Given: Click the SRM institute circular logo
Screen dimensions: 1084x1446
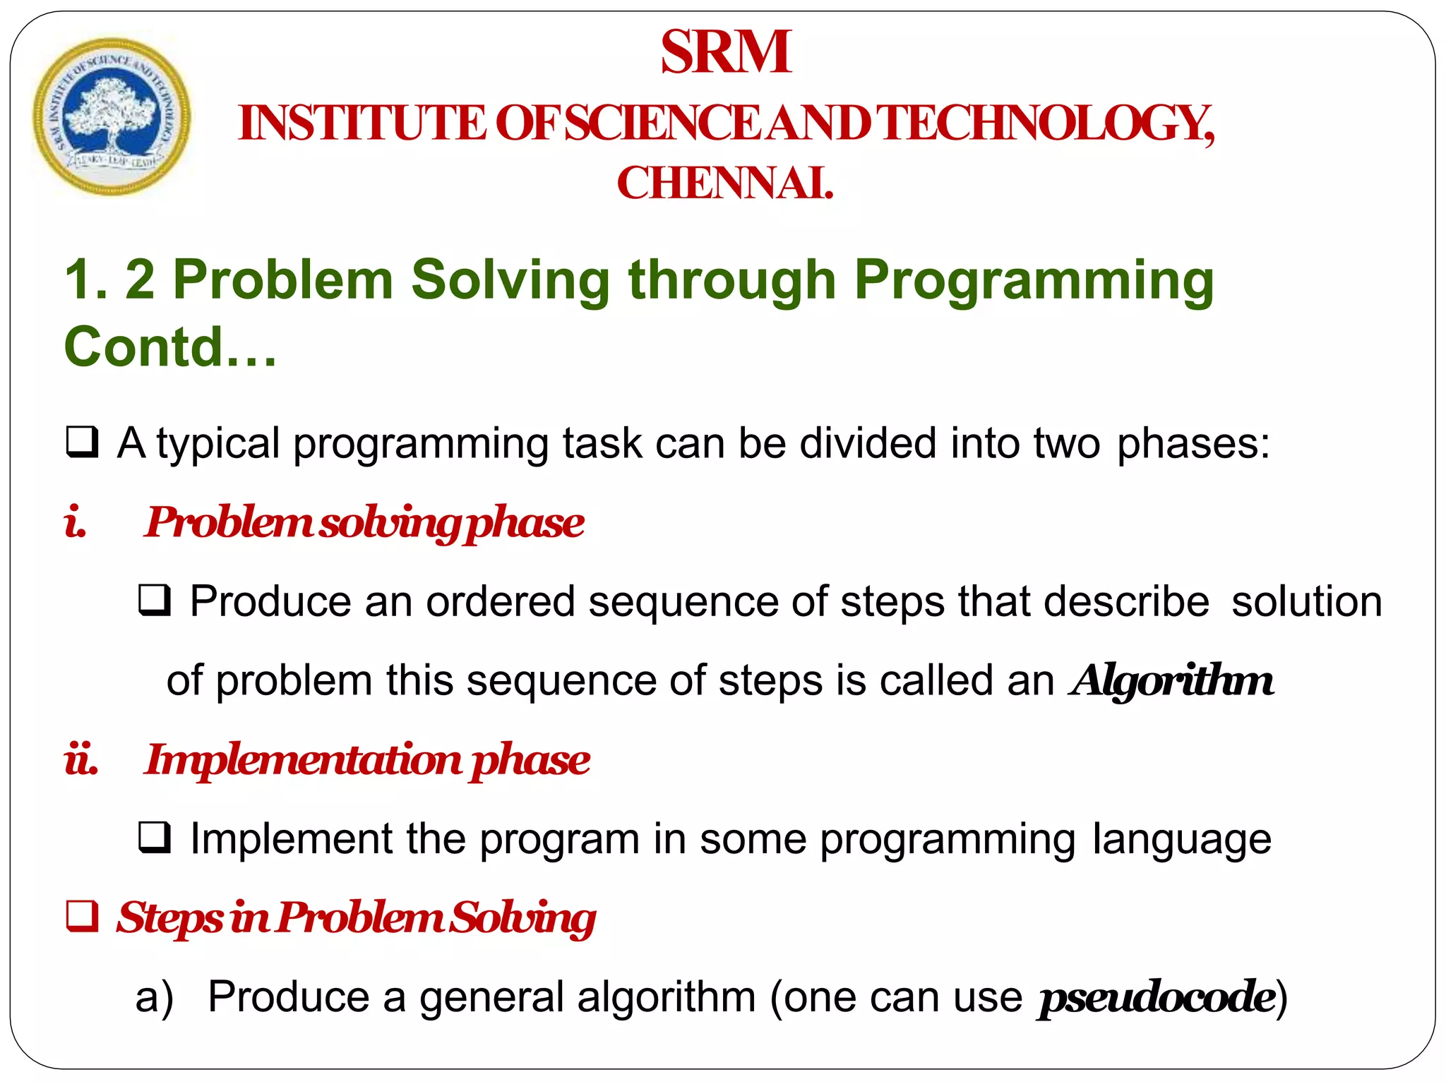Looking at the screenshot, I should (x=112, y=116).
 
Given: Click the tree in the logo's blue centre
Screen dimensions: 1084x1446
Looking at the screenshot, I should (x=110, y=113).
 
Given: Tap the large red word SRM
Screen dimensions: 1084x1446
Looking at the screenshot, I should (x=726, y=52).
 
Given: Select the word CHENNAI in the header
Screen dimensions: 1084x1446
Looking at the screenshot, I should (x=724, y=183).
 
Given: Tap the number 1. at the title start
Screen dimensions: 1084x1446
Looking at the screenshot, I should (x=85, y=280).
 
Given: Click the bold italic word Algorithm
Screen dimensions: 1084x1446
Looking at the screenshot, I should (x=1172, y=681).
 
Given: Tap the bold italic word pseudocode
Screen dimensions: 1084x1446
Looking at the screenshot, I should (x=1157, y=998).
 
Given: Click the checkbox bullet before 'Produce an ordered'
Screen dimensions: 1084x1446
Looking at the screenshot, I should (x=155, y=601).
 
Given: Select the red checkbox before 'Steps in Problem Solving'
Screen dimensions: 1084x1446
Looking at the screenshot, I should (x=83, y=917).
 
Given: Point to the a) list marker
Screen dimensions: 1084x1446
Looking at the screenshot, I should (x=154, y=998).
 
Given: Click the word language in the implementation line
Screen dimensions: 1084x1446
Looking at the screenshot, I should (x=1181, y=840).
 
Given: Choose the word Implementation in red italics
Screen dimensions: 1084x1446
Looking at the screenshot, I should (x=303, y=761).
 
